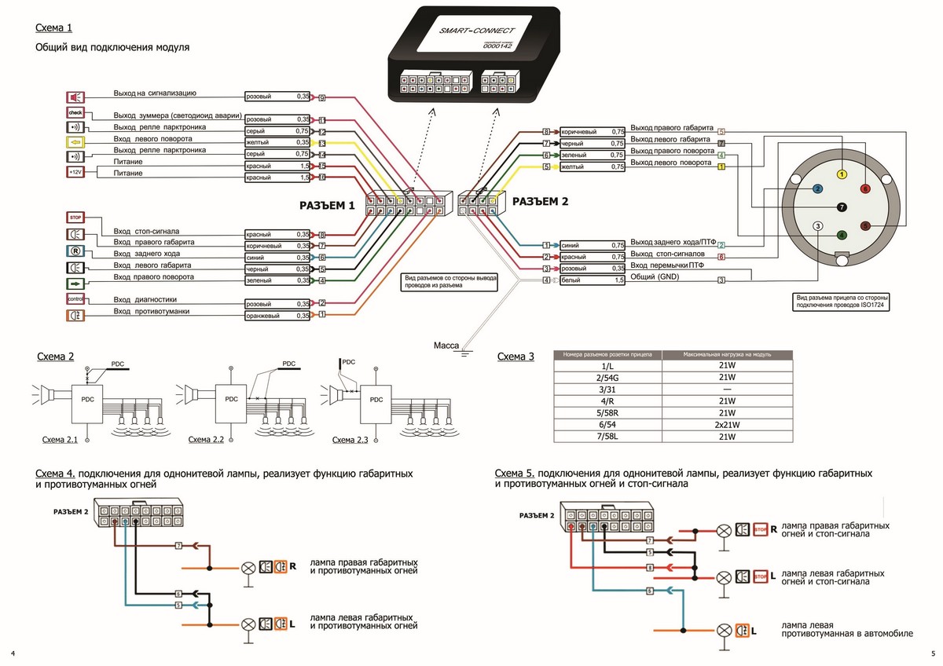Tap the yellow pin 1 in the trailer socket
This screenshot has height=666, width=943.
tap(842, 174)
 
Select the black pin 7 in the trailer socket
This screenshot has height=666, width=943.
tap(842, 207)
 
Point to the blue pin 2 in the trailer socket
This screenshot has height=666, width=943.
tap(818, 189)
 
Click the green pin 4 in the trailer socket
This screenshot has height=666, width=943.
tap(842, 234)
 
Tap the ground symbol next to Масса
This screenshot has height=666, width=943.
tap(465, 353)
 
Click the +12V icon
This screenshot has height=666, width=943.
tap(75, 171)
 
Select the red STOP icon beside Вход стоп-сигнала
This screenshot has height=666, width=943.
tap(75, 218)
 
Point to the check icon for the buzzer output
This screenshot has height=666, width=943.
tap(75, 113)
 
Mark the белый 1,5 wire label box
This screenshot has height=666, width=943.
tap(592, 280)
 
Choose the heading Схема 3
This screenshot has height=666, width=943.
tap(516, 357)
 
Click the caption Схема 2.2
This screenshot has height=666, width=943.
tap(207, 440)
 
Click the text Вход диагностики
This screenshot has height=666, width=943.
tap(145, 299)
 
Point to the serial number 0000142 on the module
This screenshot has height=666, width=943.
tap(497, 46)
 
